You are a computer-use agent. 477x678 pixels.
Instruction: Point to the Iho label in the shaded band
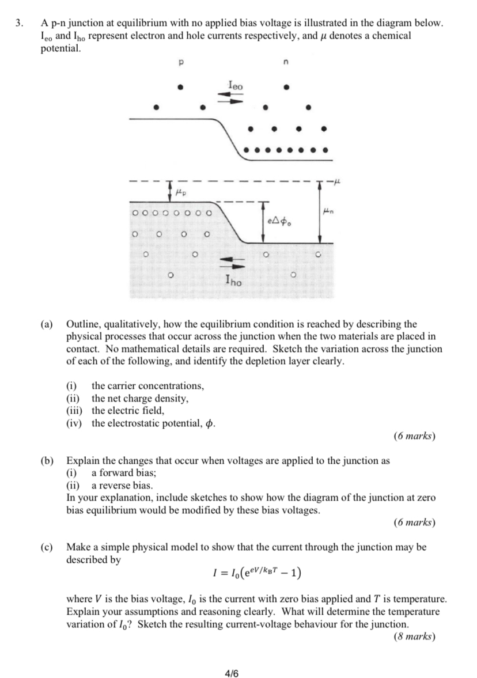[x=234, y=282]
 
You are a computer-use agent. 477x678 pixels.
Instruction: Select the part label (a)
[x=47, y=325]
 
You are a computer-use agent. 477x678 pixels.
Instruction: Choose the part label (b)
[x=47, y=461]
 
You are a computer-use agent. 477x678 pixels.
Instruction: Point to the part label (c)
[x=47, y=547]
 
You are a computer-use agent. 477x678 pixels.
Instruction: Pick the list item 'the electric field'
[x=128, y=411]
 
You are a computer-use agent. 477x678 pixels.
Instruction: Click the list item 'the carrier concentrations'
[x=147, y=386]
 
